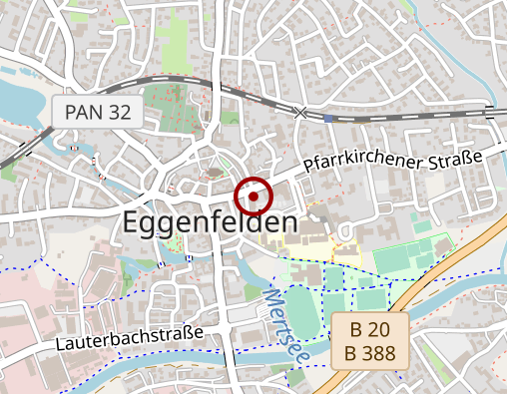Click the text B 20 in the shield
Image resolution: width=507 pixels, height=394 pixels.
click(x=370, y=330)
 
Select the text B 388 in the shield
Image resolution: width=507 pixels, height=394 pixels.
click(x=370, y=353)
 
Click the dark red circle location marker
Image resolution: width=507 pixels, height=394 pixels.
click(x=253, y=197)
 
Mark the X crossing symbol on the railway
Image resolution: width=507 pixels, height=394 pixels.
click(x=300, y=112)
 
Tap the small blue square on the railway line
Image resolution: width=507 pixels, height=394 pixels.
click(x=329, y=117)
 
